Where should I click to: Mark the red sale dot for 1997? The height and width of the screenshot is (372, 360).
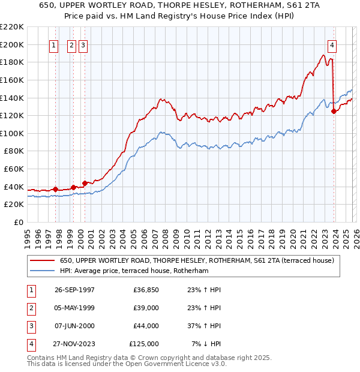point(56,190)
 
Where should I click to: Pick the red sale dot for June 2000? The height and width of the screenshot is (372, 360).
point(85,183)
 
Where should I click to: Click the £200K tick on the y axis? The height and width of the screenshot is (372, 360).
point(12,44)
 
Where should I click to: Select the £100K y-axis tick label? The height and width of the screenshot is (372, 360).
point(12,133)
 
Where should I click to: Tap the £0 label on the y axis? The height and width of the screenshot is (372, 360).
point(18,222)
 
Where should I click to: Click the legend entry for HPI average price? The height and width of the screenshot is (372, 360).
point(133,271)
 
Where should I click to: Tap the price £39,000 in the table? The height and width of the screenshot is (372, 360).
point(144,308)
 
